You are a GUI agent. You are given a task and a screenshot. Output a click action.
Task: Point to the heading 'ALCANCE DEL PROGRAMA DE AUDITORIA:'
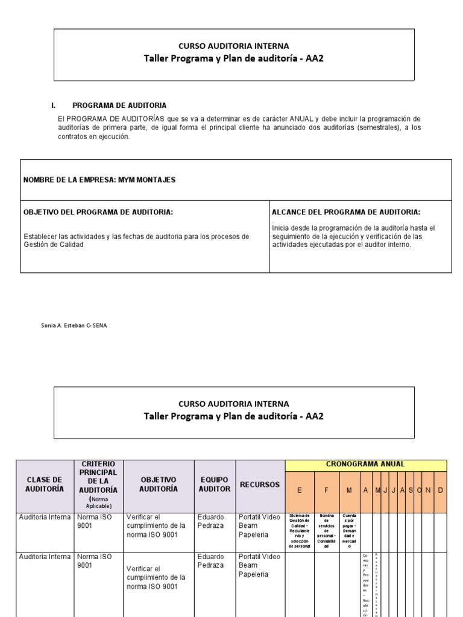(x=346, y=212)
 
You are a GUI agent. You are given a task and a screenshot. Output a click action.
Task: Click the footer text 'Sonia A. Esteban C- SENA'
(x=74, y=325)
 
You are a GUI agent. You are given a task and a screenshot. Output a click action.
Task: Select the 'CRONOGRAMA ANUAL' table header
(x=365, y=464)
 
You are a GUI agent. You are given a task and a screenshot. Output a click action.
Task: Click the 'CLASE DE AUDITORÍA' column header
(x=45, y=484)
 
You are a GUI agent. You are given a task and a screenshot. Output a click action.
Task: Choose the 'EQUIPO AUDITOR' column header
(x=215, y=484)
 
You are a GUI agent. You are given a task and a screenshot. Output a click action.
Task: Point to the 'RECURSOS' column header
(x=260, y=484)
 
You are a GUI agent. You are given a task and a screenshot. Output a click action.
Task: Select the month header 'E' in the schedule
(x=300, y=490)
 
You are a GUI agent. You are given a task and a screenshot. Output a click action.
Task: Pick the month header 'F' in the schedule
(x=326, y=490)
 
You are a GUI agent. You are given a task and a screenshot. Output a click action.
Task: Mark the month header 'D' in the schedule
(x=440, y=490)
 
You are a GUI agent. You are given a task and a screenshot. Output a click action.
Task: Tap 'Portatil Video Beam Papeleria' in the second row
(x=259, y=565)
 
